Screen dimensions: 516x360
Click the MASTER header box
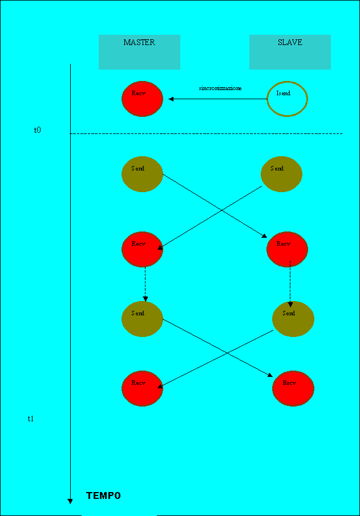coord(139,52)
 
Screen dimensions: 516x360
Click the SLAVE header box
coord(290,52)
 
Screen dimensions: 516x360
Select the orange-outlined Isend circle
coord(288,99)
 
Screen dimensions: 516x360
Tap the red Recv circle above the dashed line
coord(142,99)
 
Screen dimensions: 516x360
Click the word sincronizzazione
coord(220,88)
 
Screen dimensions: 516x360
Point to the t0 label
coord(37,130)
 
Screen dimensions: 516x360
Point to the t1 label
coord(31,419)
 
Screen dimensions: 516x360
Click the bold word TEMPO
coord(103,495)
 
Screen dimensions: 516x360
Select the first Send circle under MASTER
coord(142,174)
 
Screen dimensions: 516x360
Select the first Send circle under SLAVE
coord(281,174)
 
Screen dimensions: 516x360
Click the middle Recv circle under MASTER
coord(142,249)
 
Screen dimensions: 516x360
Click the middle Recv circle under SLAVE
coord(287,249)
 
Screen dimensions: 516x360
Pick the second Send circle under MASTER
coord(142,319)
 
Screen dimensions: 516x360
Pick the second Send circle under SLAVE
coord(293,319)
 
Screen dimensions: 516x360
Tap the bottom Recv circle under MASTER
coord(142,388)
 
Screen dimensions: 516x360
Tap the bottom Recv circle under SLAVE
coord(293,388)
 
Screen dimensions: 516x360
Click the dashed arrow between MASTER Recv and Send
coord(145,283)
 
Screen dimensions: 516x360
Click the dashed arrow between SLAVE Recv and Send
coord(290,283)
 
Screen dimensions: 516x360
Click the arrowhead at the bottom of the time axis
coord(70,501)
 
